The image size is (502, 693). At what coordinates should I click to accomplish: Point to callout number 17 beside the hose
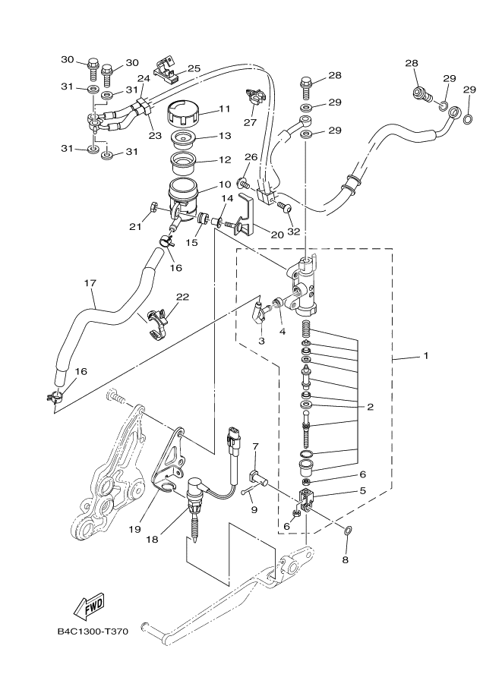pos(90,283)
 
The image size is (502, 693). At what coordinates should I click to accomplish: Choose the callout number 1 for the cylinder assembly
pos(425,355)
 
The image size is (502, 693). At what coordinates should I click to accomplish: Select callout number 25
pos(194,68)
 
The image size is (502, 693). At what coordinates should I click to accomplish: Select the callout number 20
pos(276,235)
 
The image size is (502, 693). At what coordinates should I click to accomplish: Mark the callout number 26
pos(251,157)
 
